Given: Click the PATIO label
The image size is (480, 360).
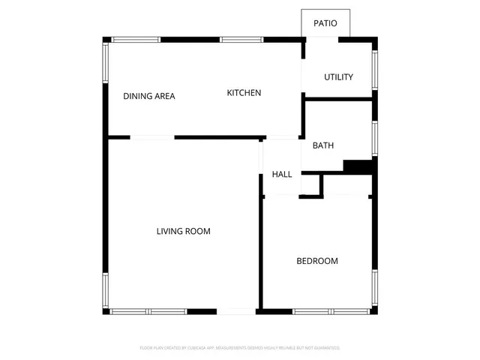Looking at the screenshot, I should point(325,23).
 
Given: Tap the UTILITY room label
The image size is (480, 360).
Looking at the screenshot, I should point(338,77).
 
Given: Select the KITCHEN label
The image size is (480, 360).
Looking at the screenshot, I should point(244,93).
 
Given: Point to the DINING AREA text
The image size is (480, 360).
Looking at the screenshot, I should point(149,96).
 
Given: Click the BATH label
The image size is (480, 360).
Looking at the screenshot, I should point(323,145).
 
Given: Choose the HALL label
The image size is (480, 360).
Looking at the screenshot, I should point(282,174).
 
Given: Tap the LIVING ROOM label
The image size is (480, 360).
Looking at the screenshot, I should point(183,232).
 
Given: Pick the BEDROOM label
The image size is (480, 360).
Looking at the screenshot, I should point(317,261).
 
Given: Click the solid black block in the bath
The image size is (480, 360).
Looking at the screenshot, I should point(358,166).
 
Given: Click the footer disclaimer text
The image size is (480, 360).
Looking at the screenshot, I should point(240,348).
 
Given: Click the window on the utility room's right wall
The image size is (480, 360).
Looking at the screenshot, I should point(375,69).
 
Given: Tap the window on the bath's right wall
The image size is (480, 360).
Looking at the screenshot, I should point(375,138).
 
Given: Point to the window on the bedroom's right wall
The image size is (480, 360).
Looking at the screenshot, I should point(373,289).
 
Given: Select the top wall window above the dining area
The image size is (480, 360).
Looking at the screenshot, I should point(136,39).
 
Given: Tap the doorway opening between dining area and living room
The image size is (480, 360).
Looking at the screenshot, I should point(152,137).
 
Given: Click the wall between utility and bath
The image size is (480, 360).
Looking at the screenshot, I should point(338,97).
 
